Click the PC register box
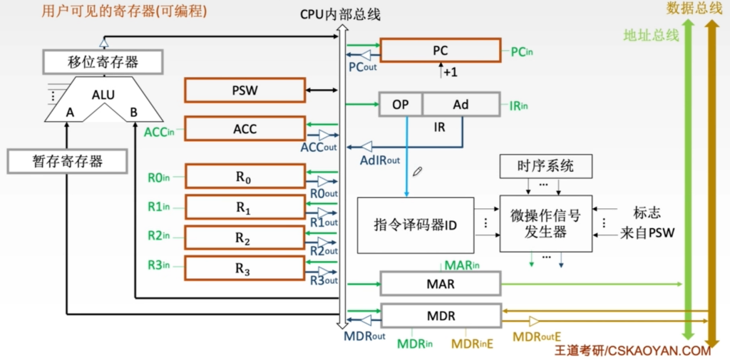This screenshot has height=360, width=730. (x=440, y=51)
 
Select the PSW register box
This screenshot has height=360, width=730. (x=245, y=91)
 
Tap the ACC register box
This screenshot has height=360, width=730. (x=245, y=129)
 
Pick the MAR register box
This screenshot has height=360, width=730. (x=440, y=284)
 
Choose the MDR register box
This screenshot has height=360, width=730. (x=440, y=315)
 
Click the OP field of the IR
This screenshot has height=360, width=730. (x=401, y=105)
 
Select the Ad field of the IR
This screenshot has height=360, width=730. (x=461, y=105)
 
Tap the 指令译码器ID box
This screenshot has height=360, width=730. (x=415, y=225)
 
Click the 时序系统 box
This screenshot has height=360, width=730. (x=545, y=167)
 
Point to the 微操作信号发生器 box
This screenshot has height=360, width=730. (x=545, y=223)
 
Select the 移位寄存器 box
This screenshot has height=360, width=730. (x=103, y=62)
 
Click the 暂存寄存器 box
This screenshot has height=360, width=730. (x=67, y=161)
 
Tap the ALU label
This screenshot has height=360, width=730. (x=103, y=95)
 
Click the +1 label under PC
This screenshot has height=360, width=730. (x=450, y=72)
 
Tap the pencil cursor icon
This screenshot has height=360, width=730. (x=417, y=171)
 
